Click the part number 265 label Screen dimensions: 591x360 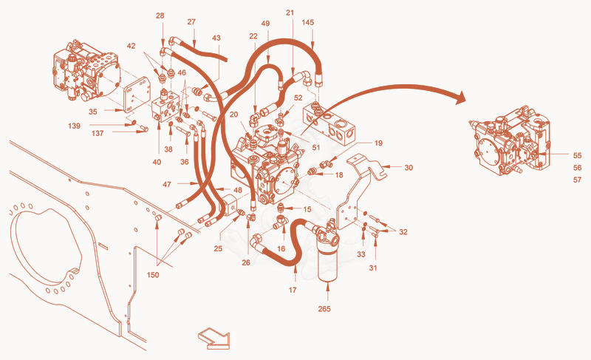(324, 309)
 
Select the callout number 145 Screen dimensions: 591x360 (307, 22)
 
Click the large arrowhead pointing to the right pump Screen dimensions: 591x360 (460, 98)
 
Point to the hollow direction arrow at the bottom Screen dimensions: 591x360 (213, 338)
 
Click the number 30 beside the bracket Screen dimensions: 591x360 (409, 167)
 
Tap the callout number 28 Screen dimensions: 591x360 (160, 16)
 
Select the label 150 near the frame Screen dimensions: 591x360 (153, 275)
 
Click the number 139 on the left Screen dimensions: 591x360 (75, 126)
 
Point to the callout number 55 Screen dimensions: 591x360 (577, 155)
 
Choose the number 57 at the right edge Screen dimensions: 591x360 (577, 180)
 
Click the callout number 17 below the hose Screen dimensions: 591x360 (293, 290)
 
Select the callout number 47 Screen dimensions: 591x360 (167, 184)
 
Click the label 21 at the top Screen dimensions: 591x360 (290, 13)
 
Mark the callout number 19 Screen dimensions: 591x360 (378, 143)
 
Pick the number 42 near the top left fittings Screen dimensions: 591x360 (131, 46)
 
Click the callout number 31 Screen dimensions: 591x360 (373, 268)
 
